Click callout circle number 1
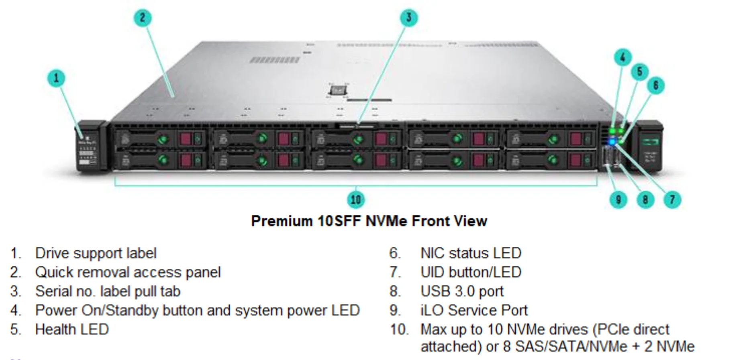56,78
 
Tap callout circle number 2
142,18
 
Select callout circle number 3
409,18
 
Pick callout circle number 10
356,199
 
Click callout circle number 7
672,199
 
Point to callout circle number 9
618,199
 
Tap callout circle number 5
639,72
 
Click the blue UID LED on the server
612,141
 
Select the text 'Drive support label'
96,253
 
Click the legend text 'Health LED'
72,329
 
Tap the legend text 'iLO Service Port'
474,310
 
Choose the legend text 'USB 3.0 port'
462,291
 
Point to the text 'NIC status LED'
471,253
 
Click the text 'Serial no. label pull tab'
108,291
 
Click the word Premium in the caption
282,221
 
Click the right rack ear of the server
647,146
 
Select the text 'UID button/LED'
471,273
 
